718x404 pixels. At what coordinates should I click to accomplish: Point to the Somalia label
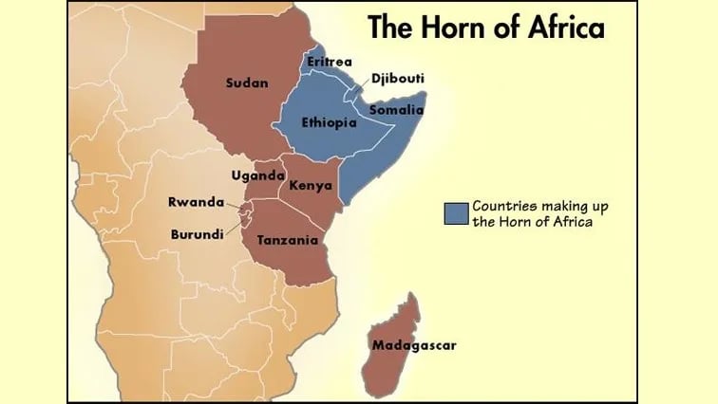pyautogui.click(x=396, y=111)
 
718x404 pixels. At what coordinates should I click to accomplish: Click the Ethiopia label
pyautogui.click(x=328, y=123)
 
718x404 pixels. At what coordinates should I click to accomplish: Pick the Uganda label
pyautogui.click(x=258, y=175)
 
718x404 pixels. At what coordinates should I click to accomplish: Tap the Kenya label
pyautogui.click(x=311, y=184)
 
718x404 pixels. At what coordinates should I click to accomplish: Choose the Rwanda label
pyautogui.click(x=196, y=202)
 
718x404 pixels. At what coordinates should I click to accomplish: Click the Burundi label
pyautogui.click(x=198, y=233)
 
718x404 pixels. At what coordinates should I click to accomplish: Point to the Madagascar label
pyautogui.click(x=414, y=345)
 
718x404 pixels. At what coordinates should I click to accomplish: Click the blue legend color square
pyautogui.click(x=456, y=214)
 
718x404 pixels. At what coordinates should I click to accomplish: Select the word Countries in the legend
pyautogui.click(x=506, y=207)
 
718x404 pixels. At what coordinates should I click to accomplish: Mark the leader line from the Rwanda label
pyautogui.click(x=236, y=205)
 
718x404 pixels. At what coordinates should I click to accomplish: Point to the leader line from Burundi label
pyautogui.click(x=236, y=228)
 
